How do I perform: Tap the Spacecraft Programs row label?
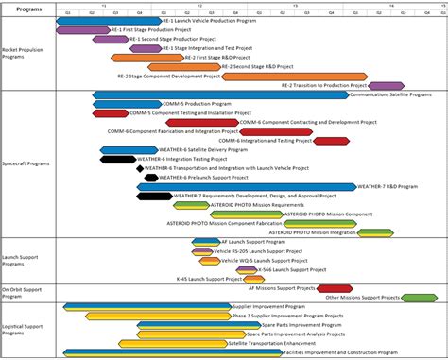[x=26, y=163]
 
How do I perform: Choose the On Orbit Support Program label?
[x=21, y=292]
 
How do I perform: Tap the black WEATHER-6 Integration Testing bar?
[x=117, y=159]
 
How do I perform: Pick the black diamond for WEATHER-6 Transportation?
[x=141, y=168]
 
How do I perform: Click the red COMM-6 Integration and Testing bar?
[x=331, y=141]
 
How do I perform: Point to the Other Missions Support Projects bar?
[x=420, y=298]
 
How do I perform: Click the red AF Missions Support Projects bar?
[x=335, y=287]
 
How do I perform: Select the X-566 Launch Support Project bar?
[x=249, y=270]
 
